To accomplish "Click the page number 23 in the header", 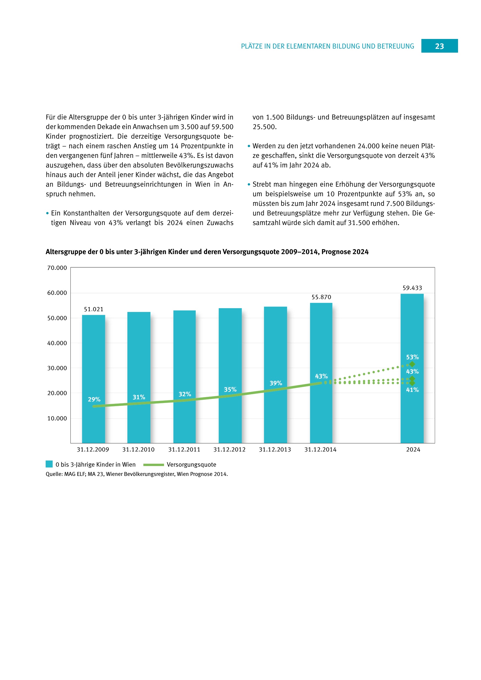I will point(439,46).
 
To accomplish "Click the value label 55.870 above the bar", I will point(321,297).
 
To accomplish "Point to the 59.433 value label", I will point(412,288).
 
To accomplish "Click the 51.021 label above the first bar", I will point(94,309).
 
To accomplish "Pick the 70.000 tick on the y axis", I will point(57,268).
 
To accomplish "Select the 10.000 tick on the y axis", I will point(57,418).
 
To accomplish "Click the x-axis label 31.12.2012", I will point(229,449).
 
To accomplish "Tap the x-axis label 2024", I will point(413,449).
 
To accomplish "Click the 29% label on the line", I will point(94,399).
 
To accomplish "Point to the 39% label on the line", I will point(275,383).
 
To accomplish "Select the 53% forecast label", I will point(412,357).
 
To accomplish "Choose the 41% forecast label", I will point(412,390).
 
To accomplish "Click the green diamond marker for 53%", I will point(412,364).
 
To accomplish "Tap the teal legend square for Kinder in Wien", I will point(49,464).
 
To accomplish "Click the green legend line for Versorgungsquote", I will point(154,465).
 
